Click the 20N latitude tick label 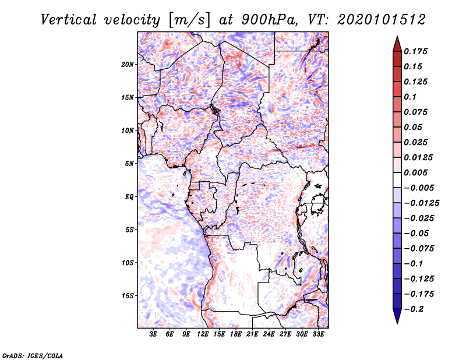128,64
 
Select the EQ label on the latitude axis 129,196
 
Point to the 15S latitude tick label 128,296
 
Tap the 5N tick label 129,164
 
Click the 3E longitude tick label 153,334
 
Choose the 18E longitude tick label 235,334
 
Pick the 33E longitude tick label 318,334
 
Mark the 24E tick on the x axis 269,334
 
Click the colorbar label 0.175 415,51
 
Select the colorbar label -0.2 414,309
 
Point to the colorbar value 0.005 415,172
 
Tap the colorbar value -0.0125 422,203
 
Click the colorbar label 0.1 410,97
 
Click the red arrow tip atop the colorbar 397,36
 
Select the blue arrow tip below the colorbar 397,323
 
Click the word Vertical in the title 69,20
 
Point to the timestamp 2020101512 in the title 382,20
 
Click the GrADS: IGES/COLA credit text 33,355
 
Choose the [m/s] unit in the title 189,20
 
